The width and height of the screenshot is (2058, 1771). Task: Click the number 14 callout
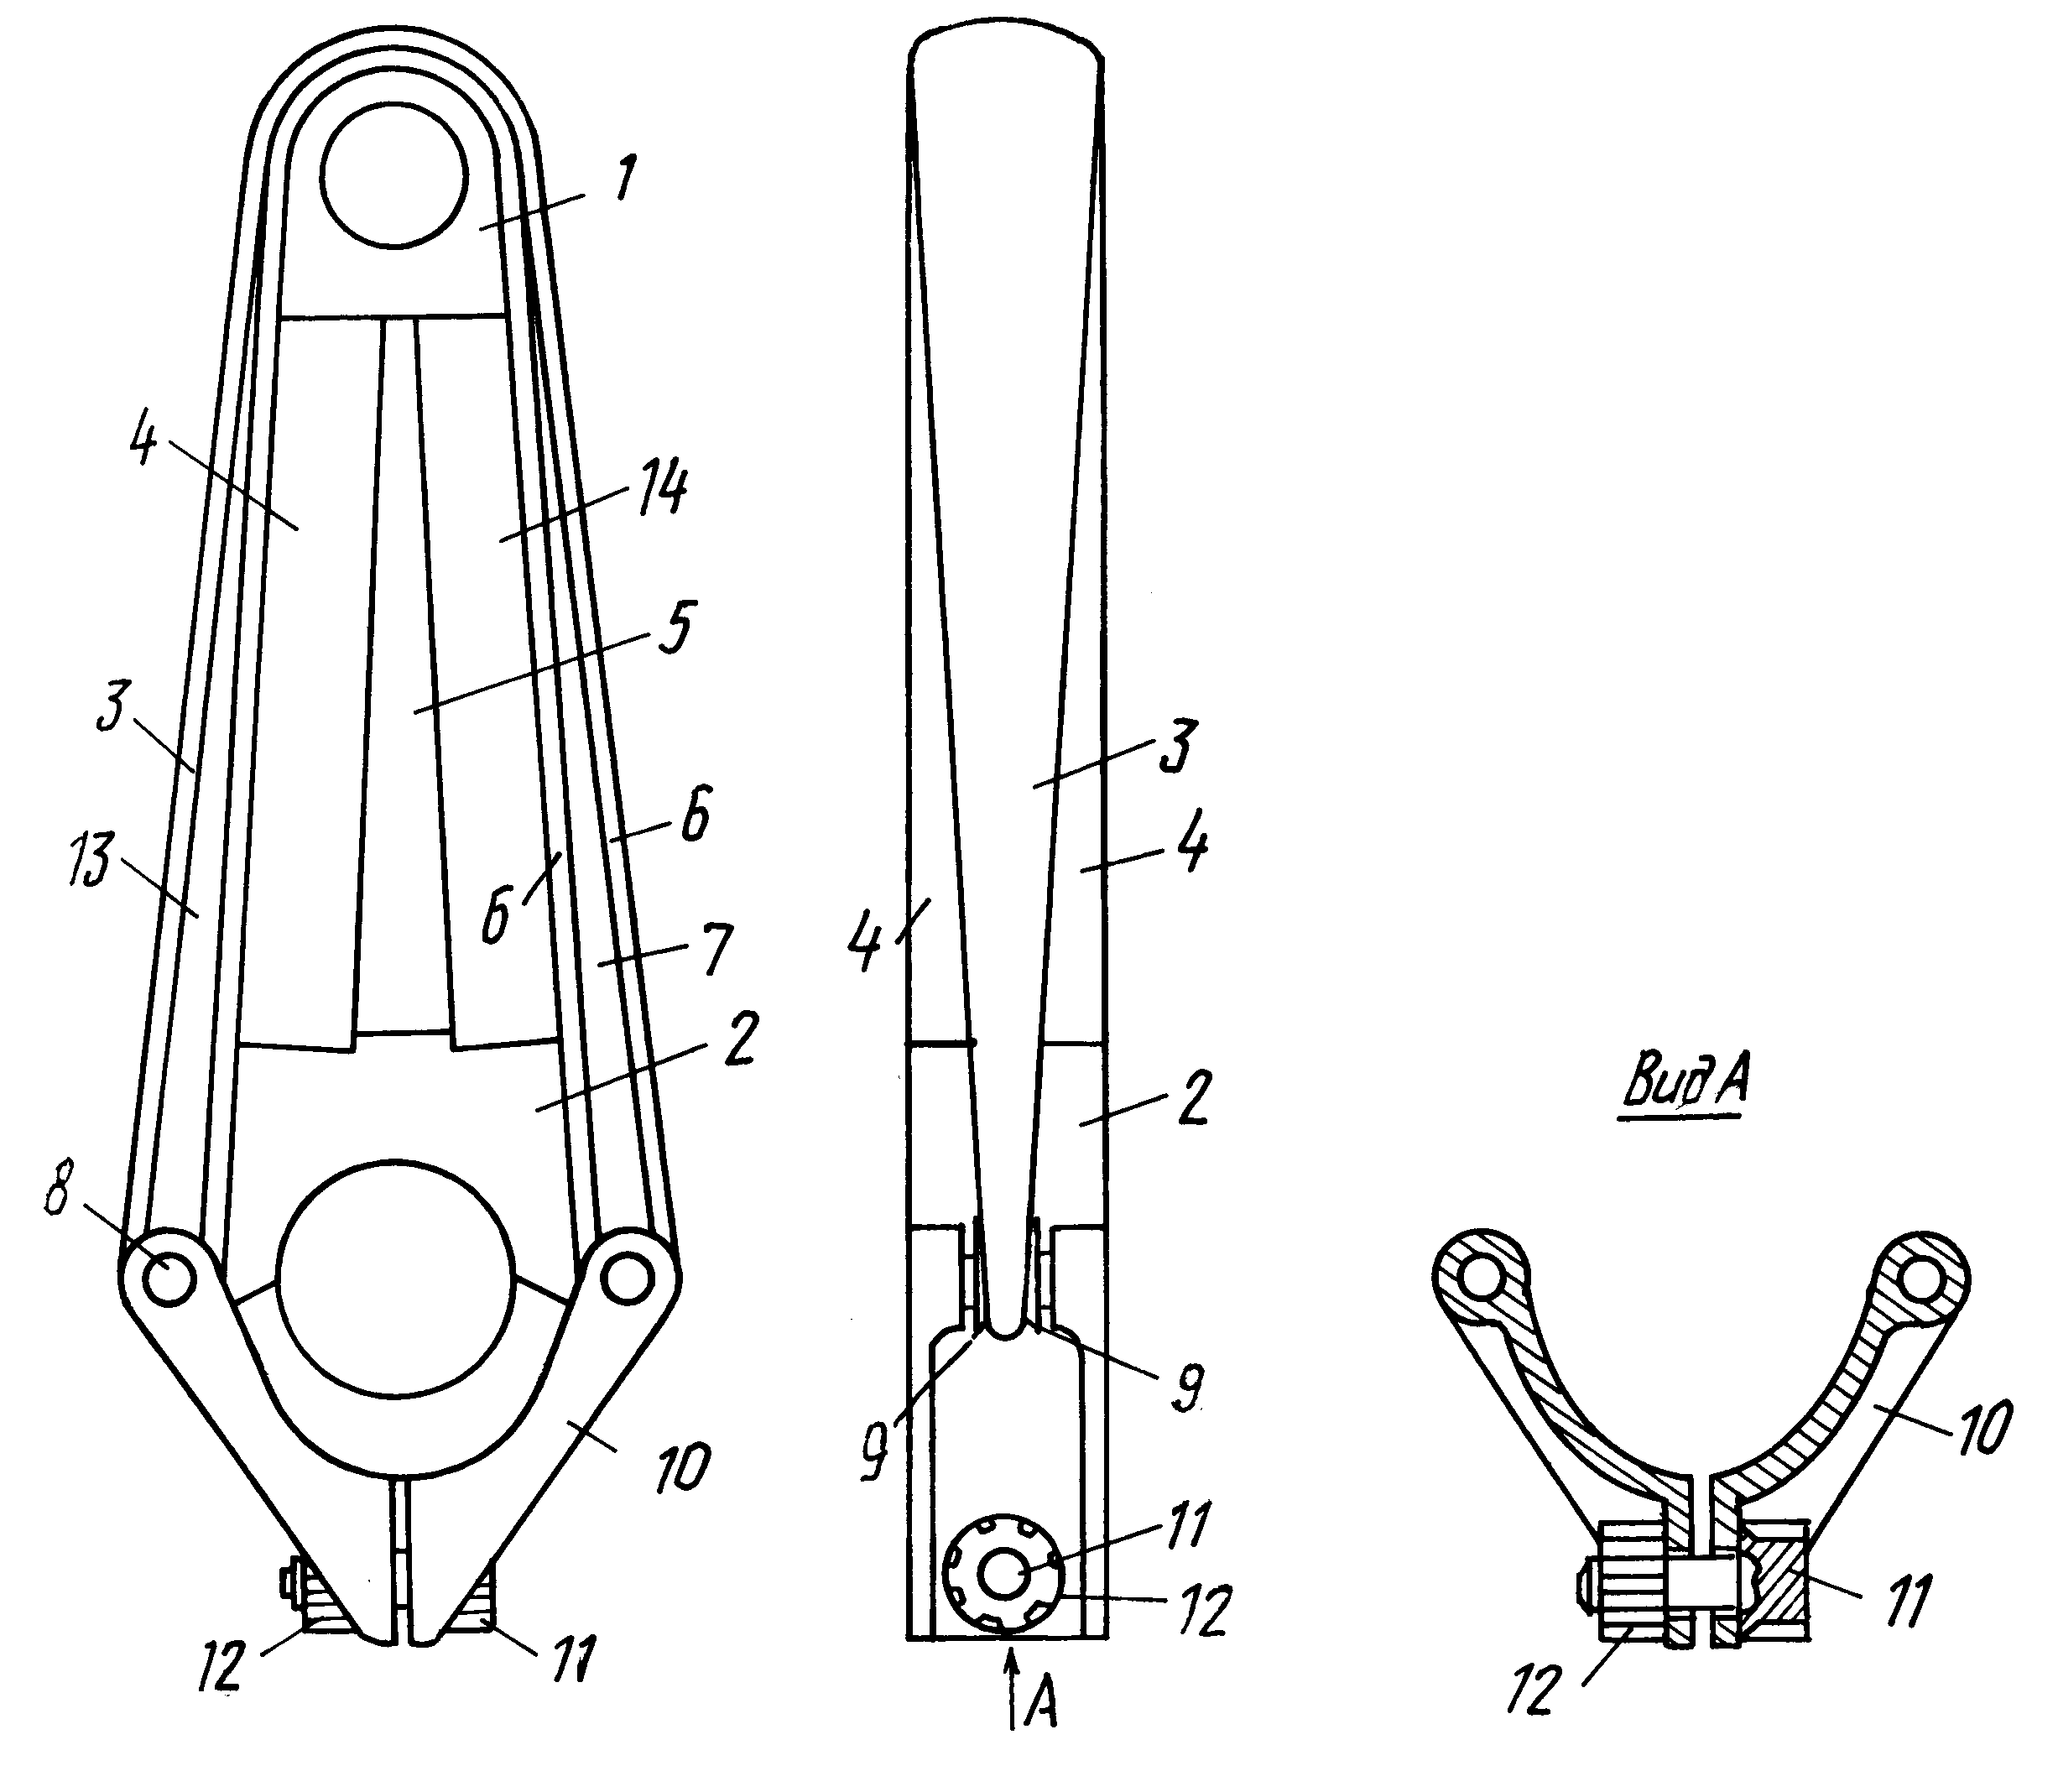[660, 490]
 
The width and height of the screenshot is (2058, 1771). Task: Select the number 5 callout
[674, 627]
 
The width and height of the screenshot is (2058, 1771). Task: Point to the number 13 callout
[91, 859]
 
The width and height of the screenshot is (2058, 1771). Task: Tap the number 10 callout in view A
[1983, 1426]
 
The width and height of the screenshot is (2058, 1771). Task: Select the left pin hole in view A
[1482, 1284]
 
